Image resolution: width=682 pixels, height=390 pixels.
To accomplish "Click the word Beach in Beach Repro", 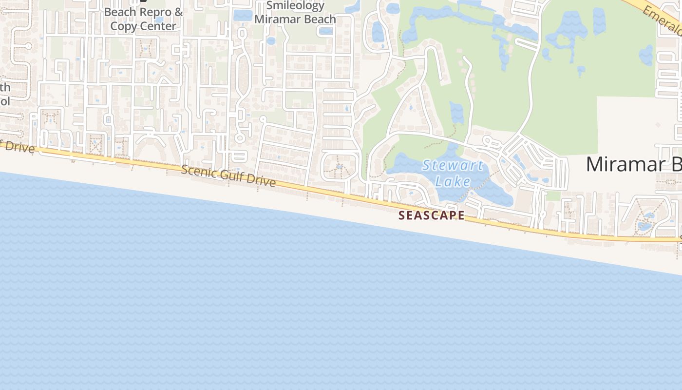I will click(118, 12).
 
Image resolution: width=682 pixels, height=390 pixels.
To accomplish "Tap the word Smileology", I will click(295, 6).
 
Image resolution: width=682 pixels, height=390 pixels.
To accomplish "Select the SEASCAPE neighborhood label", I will click(432, 215).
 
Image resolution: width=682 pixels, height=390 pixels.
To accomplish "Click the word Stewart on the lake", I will click(453, 165).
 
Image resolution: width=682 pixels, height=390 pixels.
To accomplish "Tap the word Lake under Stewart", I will click(453, 182).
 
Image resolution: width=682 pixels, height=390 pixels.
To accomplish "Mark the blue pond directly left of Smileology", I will click(243, 15).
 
